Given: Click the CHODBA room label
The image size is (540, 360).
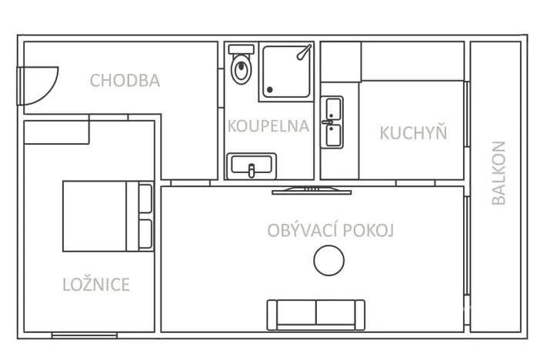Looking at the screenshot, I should click(x=125, y=80).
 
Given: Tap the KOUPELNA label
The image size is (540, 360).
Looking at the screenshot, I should click(x=268, y=126).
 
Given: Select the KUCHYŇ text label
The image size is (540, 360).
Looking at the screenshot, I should click(x=413, y=132).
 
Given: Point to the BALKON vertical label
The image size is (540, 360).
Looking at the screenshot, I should click(x=498, y=172).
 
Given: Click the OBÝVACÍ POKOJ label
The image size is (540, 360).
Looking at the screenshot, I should click(x=331, y=230).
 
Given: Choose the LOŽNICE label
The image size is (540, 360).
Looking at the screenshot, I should click(x=95, y=285).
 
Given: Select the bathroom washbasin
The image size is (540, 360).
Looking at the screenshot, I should click(x=252, y=165).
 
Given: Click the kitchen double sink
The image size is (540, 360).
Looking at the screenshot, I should click(x=333, y=123).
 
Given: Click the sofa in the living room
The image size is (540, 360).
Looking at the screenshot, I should click(x=316, y=313).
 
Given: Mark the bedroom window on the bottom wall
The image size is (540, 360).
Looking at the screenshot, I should click(x=85, y=335).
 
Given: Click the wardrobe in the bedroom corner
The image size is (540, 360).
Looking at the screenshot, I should click(x=55, y=132).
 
